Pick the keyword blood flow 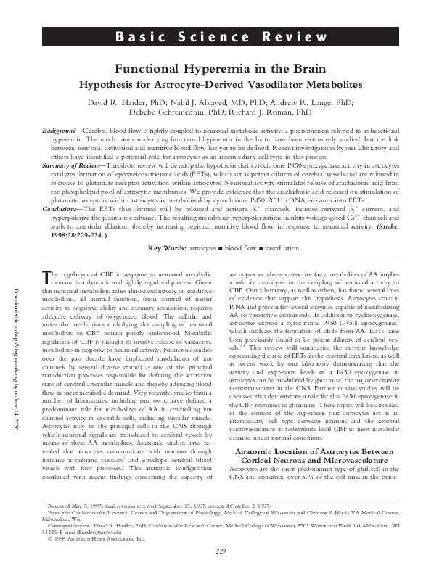[230, 248]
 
